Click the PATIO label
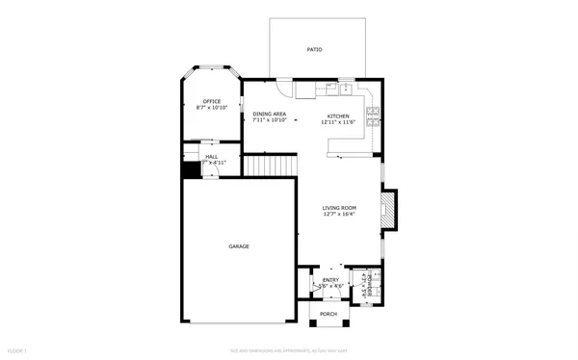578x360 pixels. [x=314, y=49]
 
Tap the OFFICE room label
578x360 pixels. [x=211, y=101]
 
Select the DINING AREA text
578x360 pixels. [x=270, y=115]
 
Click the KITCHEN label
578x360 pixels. [x=338, y=116]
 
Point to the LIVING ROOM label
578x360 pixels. [x=339, y=208]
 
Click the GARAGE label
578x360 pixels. [x=239, y=246]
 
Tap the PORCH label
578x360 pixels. [x=328, y=314]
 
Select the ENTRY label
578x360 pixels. [x=330, y=280]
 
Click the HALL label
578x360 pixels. [x=211, y=156]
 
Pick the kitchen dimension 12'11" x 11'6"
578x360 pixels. [x=338, y=122]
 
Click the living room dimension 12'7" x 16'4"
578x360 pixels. [x=339, y=215]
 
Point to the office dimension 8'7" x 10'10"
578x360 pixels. [x=211, y=108]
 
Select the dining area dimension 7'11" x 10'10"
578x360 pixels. [x=270, y=121]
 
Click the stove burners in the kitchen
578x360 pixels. [x=379, y=121]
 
